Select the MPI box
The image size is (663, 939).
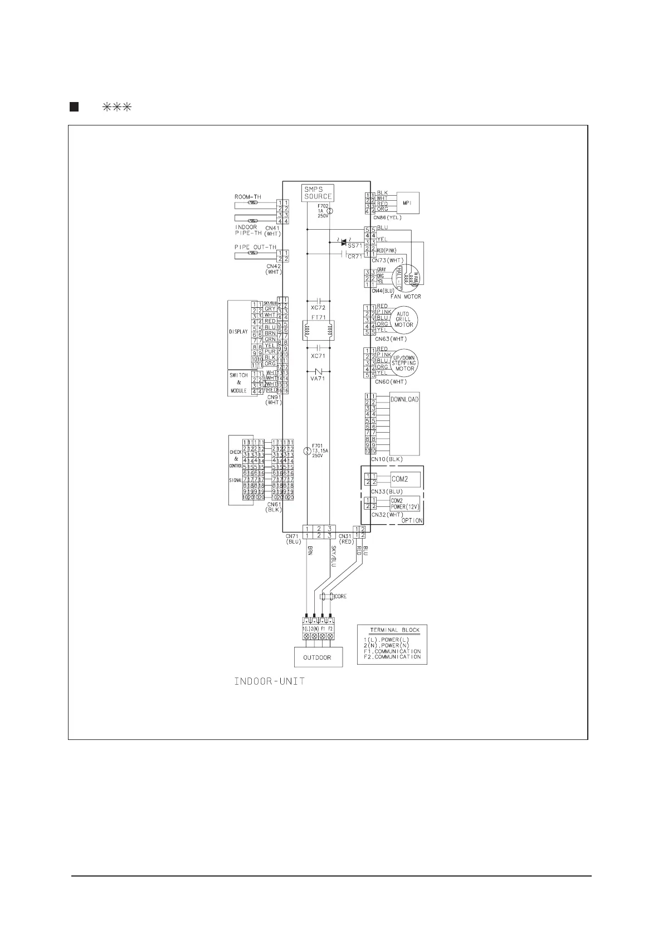407,203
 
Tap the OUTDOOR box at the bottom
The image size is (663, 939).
317,657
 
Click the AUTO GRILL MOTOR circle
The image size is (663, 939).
403,319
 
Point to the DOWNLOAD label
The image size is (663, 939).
404,399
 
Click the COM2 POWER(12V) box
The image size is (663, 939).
404,504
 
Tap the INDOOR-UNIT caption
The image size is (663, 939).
269,681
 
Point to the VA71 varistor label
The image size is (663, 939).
318,378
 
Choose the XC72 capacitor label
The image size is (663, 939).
318,307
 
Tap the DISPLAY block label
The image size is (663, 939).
238,332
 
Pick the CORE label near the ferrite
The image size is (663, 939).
340,596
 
